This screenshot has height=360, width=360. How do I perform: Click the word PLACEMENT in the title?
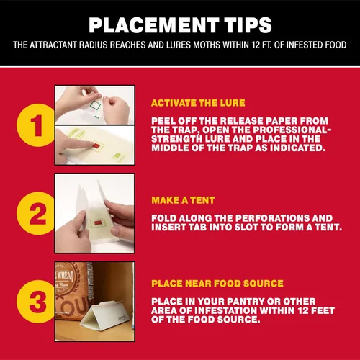click(153, 25)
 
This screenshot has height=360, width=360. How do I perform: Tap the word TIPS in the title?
click(248, 25)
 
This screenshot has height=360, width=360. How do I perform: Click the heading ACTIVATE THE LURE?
click(198, 103)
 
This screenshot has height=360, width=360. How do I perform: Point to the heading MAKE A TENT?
click(183, 200)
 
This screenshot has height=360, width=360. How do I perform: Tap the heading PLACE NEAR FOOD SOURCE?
click(217, 284)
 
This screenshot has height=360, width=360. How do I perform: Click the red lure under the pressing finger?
click(95, 145)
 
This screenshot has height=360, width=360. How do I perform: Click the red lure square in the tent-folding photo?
click(98, 223)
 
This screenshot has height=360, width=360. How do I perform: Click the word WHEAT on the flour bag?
click(64, 276)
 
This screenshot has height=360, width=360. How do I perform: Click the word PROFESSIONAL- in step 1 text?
click(292, 130)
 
